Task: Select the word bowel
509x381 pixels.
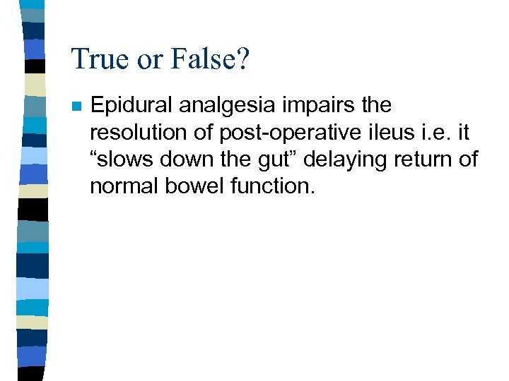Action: pos(189,186)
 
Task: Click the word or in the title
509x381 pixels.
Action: pos(148,59)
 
